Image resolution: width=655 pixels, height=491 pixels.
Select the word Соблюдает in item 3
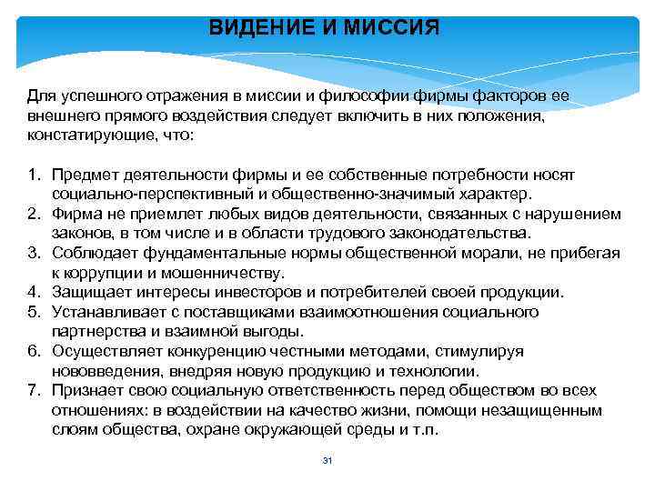click(91, 252)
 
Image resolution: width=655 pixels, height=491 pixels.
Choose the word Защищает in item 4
click(90, 292)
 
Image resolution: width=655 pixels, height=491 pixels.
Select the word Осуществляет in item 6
click(104, 351)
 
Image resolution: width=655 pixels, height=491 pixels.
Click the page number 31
click(327, 462)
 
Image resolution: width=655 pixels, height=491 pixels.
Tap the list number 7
click(33, 390)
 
